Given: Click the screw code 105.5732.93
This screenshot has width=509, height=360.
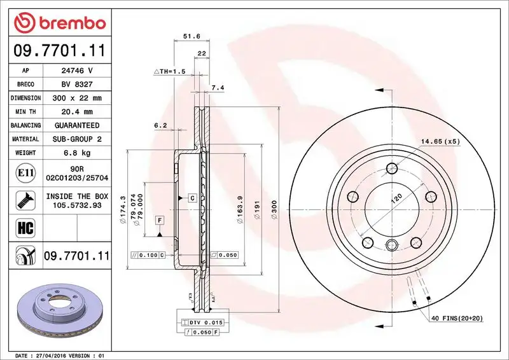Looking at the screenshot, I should coord(77,206).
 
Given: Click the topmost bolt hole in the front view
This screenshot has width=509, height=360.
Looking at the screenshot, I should coord(392,169).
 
